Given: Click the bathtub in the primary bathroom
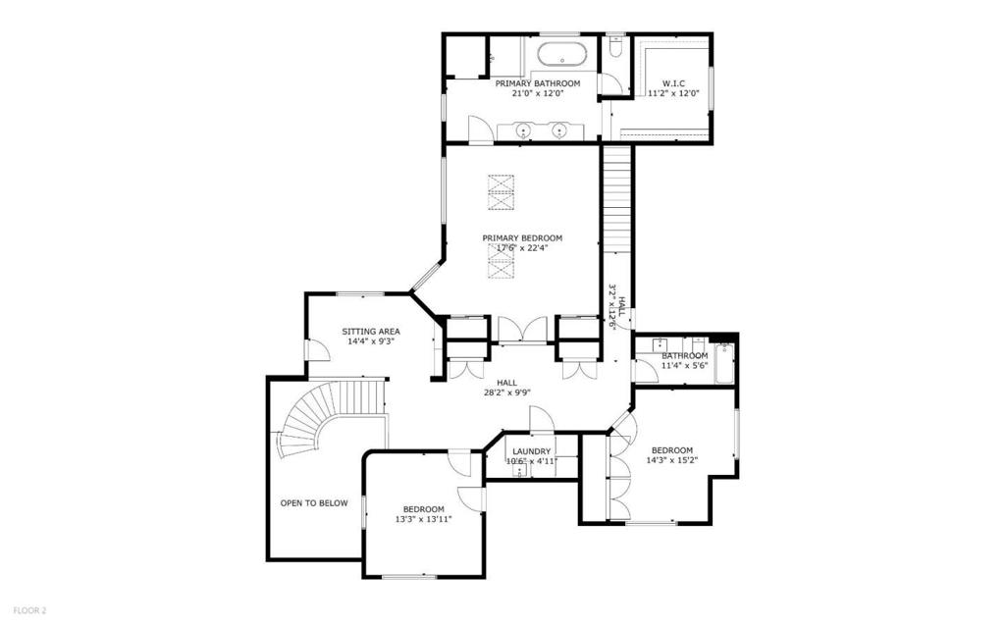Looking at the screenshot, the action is [x=561, y=54].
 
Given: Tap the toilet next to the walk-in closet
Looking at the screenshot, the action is [x=616, y=47].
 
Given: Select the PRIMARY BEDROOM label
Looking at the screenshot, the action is [x=522, y=237].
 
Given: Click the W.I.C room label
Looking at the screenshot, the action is [x=673, y=83].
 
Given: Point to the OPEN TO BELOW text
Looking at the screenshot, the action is [x=314, y=503].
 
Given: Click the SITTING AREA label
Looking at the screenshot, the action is [x=370, y=332].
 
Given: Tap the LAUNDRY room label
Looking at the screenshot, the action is [x=531, y=451].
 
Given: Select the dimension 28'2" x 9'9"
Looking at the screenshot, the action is [x=507, y=393].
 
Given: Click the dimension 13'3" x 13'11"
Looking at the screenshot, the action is [x=424, y=519].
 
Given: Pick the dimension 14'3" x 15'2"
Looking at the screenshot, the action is [x=671, y=459].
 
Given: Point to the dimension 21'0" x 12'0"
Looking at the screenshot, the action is [x=537, y=93].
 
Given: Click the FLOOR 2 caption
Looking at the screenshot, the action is [x=29, y=611].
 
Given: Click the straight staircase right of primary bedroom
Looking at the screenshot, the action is [x=617, y=199].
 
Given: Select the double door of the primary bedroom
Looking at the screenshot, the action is [x=523, y=329].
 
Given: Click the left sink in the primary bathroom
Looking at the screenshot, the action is [x=524, y=131].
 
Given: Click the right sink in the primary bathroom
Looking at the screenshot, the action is [x=560, y=131].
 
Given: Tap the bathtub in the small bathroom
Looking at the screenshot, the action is [x=724, y=363].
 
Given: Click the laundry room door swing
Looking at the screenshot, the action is [x=541, y=419].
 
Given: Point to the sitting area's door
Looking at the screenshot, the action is [x=317, y=350].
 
